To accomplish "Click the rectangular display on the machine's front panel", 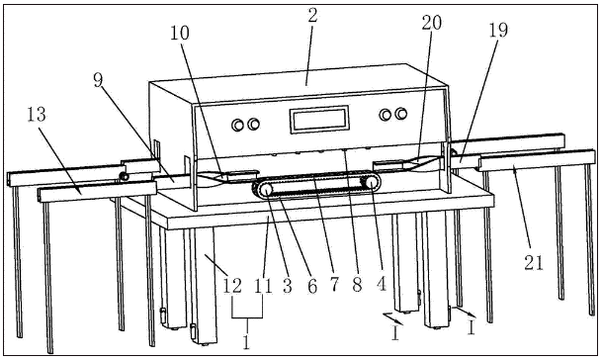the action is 319,119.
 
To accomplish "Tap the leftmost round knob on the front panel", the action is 237,125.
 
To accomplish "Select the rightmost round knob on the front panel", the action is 400,114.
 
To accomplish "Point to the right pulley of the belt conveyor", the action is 372,183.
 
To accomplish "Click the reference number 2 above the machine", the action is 313,16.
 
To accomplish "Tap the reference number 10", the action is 180,33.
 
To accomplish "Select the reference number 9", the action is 99,80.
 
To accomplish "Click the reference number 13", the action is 37,115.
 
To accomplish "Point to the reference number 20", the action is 432,23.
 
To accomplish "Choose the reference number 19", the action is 498,31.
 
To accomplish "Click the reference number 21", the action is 534,263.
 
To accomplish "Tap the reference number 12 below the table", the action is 232,286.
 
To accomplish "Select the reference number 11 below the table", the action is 263,286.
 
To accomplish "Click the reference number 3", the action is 288,286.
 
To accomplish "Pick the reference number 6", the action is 313,286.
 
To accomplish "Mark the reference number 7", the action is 334,285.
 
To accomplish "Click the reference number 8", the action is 358,285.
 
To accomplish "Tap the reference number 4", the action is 382,285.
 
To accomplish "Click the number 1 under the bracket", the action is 247,341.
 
